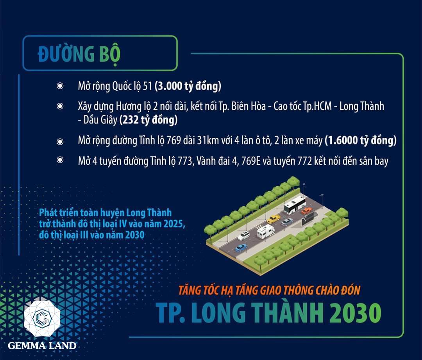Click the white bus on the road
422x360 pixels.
295,205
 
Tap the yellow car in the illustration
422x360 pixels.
274,219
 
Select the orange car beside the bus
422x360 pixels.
307,211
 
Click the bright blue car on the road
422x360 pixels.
241,248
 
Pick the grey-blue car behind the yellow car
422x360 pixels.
288,222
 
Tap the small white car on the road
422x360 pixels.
244,236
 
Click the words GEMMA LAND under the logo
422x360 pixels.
42,346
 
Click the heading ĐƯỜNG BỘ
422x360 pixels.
79,54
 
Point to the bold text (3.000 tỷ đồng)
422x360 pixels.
188,86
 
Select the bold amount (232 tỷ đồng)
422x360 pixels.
148,120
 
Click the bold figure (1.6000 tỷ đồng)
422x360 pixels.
361,140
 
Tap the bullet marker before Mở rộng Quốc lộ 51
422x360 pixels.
60,86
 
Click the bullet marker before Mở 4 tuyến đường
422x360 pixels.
60,160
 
